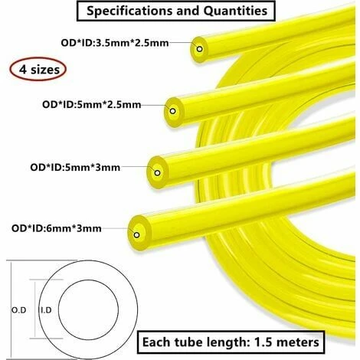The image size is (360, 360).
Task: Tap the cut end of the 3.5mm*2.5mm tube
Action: click(200, 49)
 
